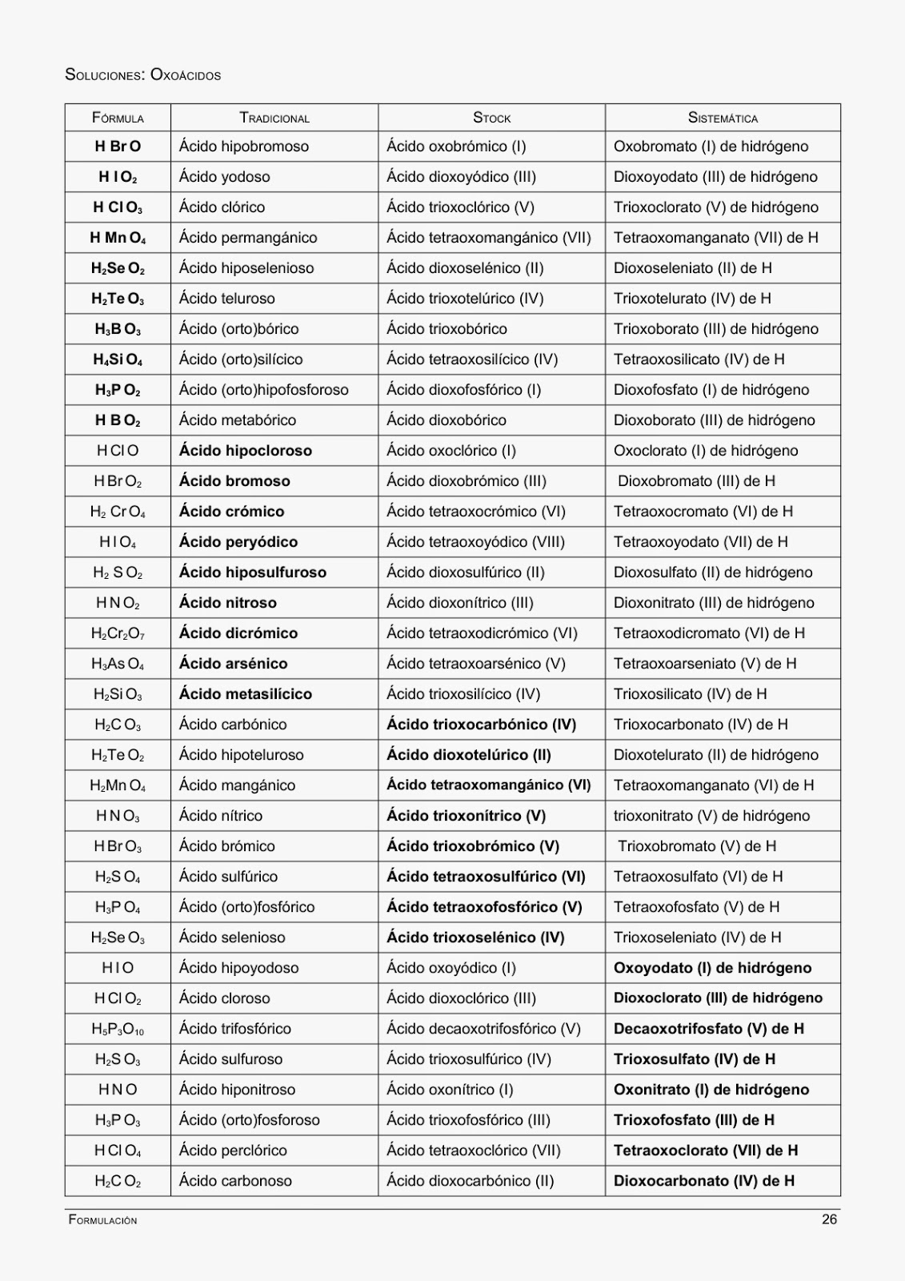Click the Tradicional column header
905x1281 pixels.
[274, 118]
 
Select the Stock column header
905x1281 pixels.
[491, 118]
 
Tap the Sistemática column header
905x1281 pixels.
[723, 118]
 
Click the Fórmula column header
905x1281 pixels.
[118, 118]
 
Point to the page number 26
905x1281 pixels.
[829, 1219]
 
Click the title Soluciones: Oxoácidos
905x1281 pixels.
[142, 75]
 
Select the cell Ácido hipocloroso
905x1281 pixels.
[245, 451]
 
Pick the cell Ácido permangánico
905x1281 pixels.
[247, 238]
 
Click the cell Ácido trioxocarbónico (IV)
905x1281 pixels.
[481, 725]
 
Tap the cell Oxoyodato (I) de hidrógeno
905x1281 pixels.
[712, 968]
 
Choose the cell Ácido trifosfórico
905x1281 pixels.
[234, 1029]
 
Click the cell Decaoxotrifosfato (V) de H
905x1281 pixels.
[708, 1029]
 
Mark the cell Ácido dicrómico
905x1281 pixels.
[238, 633]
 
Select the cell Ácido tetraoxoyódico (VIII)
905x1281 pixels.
[475, 542]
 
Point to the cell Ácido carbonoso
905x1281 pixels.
[235, 1181]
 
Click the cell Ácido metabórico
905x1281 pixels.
[237, 420]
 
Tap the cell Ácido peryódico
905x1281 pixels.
[238, 542]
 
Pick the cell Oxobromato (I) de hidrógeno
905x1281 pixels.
[711, 147]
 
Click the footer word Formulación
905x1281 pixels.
[102, 1220]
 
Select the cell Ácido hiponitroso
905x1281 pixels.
[237, 1090]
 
